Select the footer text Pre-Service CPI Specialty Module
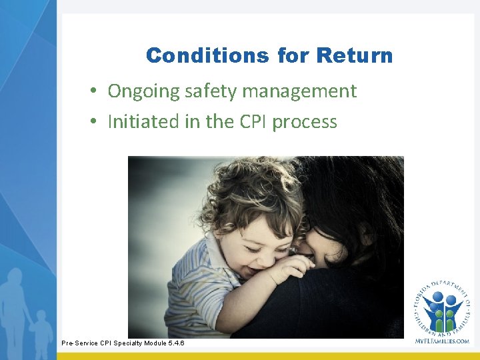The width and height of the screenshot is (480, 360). click(109, 343)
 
